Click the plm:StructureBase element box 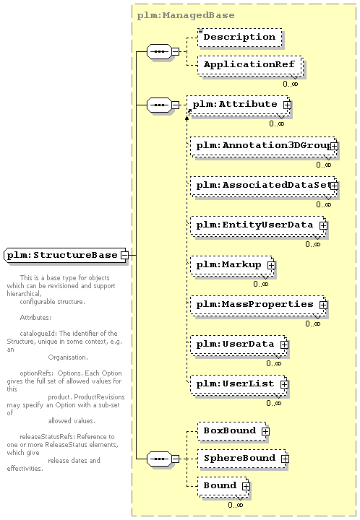click(66, 255)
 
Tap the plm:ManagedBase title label click(186, 15)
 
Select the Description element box click(239, 37)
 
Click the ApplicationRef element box click(250, 65)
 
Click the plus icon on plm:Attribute click(287, 105)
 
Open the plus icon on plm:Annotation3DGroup click(334, 146)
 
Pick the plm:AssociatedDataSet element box click(263, 186)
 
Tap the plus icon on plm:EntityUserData click(323, 225)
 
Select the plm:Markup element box click(232, 265)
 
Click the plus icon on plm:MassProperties click(323, 305)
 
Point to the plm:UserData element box click(239, 345)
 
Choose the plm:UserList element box click(239, 385)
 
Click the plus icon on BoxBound click(265, 431)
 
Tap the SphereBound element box click(243, 459)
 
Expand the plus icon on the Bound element click(246, 486)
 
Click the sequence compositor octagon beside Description click(159, 52)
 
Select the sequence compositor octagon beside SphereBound click(159, 459)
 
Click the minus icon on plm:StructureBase click(124, 256)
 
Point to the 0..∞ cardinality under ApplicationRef click(291, 84)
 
